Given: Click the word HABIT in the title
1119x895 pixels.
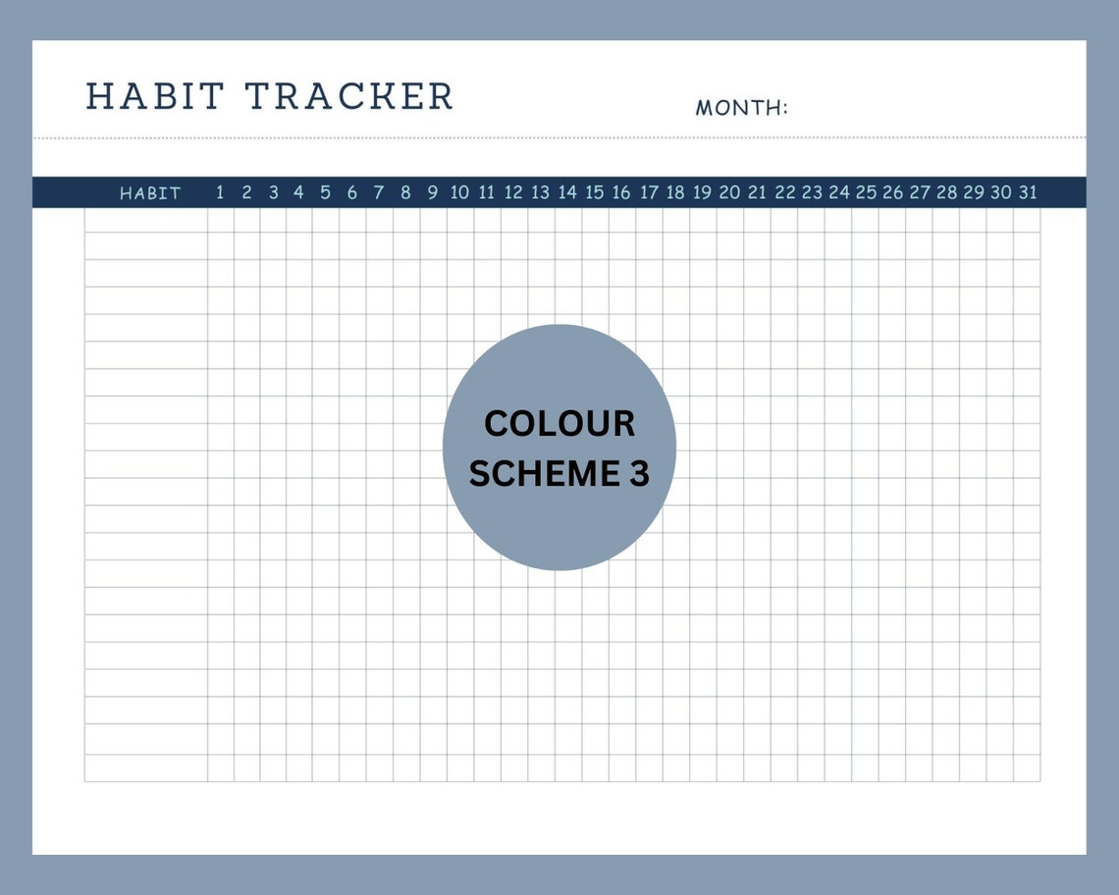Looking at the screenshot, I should pyautogui.click(x=155, y=97).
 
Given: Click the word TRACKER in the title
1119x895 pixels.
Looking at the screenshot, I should pyautogui.click(x=348, y=97).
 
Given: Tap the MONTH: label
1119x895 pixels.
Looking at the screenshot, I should pyautogui.click(x=741, y=108).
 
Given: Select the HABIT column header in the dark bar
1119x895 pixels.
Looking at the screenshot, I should pyautogui.click(x=150, y=193).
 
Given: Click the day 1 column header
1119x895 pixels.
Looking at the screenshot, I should pyautogui.click(x=220, y=192).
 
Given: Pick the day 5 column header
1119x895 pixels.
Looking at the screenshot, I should pyautogui.click(x=326, y=192).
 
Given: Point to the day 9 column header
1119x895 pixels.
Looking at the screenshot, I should pyautogui.click(x=433, y=192).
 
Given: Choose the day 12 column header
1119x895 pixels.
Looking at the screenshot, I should pyautogui.click(x=513, y=192).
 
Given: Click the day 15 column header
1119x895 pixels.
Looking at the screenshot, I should pyautogui.click(x=595, y=192).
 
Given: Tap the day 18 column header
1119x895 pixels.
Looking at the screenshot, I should pyautogui.click(x=675, y=192).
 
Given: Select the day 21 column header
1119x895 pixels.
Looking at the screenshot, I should pyautogui.click(x=757, y=192).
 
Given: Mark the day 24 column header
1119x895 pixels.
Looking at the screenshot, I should pyautogui.click(x=838, y=192).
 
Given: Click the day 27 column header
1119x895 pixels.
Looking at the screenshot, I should pyautogui.click(x=919, y=192).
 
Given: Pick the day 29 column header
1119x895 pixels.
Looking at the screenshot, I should pyautogui.click(x=973, y=192).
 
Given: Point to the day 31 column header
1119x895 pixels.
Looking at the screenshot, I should pyautogui.click(x=1027, y=192).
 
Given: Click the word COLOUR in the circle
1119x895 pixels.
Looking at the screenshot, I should pyautogui.click(x=559, y=424).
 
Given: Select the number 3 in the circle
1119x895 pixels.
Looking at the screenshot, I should pyautogui.click(x=639, y=474).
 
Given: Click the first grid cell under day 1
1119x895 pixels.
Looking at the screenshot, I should pyautogui.click(x=220, y=221).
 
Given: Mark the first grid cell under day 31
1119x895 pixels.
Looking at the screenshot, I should pyautogui.click(x=1027, y=221).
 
